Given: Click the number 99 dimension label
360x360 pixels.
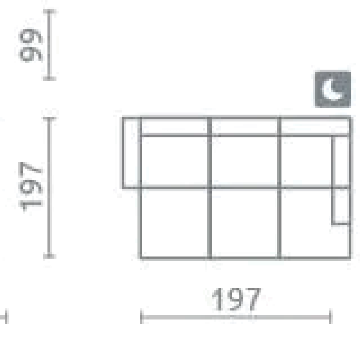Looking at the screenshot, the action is [31, 45].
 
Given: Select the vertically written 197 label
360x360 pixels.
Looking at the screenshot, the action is [31, 186].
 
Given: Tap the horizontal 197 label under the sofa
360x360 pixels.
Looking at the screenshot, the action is [236, 299].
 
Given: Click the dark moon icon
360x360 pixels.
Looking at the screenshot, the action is [333, 89].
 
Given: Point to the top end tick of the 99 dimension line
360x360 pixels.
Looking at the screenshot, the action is [50, 11].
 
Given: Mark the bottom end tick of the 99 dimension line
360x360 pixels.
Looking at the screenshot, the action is [50, 78].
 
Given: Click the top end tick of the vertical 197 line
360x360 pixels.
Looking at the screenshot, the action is [50, 119].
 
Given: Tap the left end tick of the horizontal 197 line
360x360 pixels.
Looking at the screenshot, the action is [141, 317].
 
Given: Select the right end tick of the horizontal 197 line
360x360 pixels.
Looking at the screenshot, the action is [330, 317].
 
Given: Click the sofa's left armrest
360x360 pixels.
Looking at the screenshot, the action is [131, 153].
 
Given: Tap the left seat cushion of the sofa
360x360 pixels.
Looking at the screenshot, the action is [175, 162].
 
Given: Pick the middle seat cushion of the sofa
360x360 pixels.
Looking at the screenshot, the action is [244, 162].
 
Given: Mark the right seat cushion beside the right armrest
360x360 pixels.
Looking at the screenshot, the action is [306, 162].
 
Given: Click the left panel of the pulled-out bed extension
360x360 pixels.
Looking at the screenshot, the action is [175, 223].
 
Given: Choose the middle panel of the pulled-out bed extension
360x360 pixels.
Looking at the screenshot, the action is [244, 223].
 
